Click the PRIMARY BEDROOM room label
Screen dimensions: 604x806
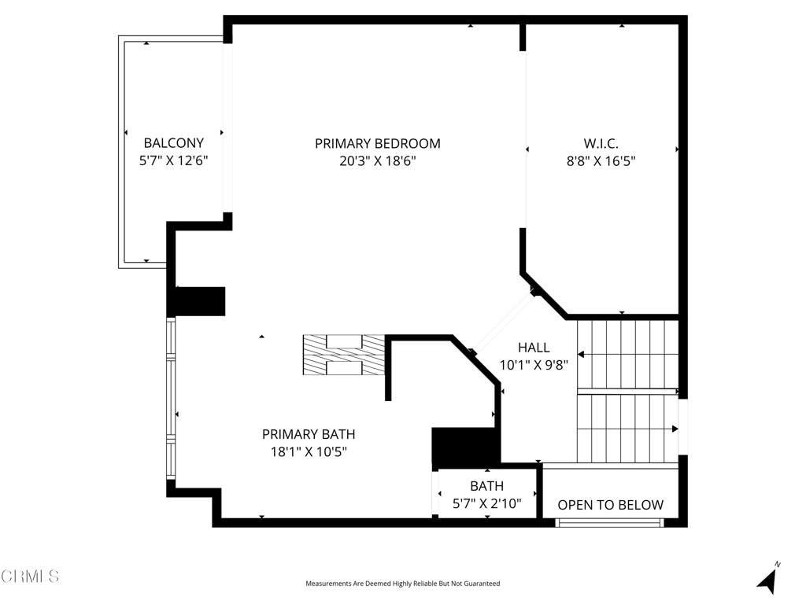[377, 143]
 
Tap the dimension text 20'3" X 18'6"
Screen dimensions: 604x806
[377, 161]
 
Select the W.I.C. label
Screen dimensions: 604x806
[601, 143]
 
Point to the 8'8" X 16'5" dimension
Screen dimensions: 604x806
[601, 161]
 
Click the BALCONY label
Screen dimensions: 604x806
[173, 143]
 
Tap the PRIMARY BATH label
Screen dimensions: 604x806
[308, 434]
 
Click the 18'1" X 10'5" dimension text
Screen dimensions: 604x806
[308, 451]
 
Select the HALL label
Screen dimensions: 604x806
[534, 348]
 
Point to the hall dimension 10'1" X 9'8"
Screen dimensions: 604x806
[534, 365]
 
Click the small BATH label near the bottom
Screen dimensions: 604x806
[486, 486]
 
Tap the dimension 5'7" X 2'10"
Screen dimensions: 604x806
[486, 503]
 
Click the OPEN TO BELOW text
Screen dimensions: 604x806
[610, 505]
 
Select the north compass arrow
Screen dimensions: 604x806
[767, 580]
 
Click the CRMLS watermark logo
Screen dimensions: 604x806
[30, 576]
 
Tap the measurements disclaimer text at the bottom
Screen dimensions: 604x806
[402, 584]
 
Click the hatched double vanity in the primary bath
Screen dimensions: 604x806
[344, 355]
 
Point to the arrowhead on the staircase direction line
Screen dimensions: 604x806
[675, 429]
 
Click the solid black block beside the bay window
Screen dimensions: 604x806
[196, 301]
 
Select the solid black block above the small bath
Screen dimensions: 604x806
[465, 446]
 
